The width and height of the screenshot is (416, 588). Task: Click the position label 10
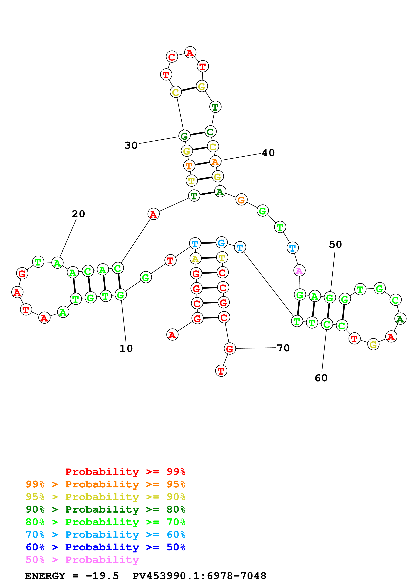pos(126,348)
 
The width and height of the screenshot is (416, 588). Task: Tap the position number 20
pos(78,214)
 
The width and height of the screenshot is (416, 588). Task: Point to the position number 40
pos(268,153)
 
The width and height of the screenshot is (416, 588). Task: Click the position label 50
pos(335,245)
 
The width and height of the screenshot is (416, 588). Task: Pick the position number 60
pos(321,378)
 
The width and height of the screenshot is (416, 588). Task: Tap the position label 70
pos(283,348)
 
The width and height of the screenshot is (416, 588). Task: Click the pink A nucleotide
pos(299,271)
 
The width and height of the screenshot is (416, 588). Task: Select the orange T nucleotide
pos(189,166)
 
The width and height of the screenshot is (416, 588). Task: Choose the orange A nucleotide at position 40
pos(215,162)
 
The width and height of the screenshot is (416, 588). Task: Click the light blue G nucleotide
pos(222,243)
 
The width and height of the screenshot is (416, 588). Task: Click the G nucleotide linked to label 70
pos(230,348)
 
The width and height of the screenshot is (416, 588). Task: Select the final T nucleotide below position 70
pos(221,371)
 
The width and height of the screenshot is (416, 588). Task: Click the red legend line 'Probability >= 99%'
pos(125,472)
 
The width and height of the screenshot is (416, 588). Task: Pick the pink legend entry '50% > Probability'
pos(82,560)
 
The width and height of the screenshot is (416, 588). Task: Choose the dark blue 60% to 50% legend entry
pos(105,547)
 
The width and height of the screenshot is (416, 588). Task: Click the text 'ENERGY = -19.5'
pos(72,576)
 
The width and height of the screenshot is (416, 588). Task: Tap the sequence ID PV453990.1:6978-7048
pos(199,576)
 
